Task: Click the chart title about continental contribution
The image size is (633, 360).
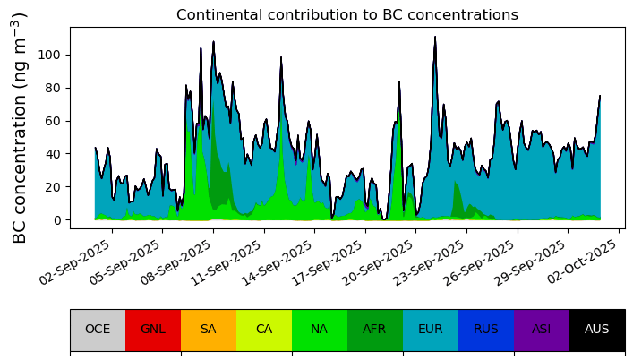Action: tap(346, 15)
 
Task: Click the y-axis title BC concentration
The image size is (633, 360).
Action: tap(21, 127)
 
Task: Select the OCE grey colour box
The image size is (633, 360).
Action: tap(98, 329)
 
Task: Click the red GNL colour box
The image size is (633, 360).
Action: tap(153, 329)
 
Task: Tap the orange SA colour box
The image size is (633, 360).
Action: tap(209, 329)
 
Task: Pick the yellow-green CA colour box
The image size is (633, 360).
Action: tap(264, 329)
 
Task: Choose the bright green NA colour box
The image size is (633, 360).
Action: tap(320, 329)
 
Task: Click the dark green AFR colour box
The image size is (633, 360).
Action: tap(375, 329)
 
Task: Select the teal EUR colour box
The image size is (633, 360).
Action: tap(431, 329)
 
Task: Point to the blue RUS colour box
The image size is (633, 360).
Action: tap(486, 329)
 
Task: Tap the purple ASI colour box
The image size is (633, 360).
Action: tap(542, 329)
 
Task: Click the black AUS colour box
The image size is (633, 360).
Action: tap(597, 329)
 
